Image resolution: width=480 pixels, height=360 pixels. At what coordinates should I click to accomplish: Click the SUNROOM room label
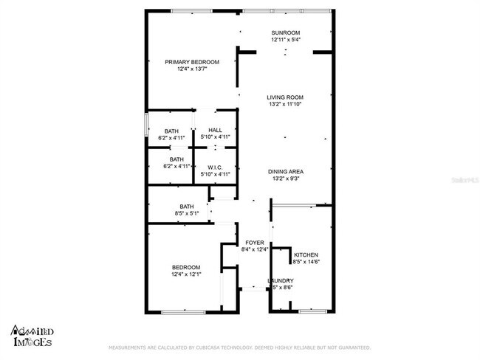pyautogui.click(x=285, y=32)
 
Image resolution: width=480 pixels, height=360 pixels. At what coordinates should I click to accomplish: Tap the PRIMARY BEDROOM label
pyautogui.click(x=192, y=62)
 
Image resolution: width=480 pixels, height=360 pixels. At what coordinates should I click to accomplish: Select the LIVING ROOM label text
pyautogui.click(x=285, y=97)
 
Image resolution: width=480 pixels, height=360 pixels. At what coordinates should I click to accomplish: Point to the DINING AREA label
pyautogui.click(x=286, y=172)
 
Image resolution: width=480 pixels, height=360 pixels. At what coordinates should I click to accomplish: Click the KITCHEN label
pyautogui.click(x=306, y=255)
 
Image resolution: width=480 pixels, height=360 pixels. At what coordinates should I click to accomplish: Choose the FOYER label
pyautogui.click(x=255, y=243)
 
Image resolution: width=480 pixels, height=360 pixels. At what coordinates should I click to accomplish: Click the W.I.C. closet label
pyautogui.click(x=216, y=167)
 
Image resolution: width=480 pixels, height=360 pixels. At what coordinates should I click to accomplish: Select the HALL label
pyautogui.click(x=216, y=131)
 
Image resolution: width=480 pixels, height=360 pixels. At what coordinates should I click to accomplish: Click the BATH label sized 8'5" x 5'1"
pyautogui.click(x=187, y=207)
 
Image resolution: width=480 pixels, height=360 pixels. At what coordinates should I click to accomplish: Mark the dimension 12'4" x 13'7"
pyautogui.click(x=192, y=69)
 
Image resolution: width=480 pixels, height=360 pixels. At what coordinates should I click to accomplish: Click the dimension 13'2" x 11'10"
pyautogui.click(x=285, y=104)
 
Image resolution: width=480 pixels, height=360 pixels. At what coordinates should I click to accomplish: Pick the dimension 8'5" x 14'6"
pyautogui.click(x=306, y=261)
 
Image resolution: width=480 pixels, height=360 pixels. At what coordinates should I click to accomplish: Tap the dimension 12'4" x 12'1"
pyautogui.click(x=186, y=274)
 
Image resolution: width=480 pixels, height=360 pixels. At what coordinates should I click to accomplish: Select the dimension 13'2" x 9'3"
pyautogui.click(x=286, y=179)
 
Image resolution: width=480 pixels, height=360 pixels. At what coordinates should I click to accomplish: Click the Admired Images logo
pyautogui.click(x=31, y=336)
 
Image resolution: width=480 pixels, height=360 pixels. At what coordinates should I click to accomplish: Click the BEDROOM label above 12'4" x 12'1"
pyautogui.click(x=186, y=267)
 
